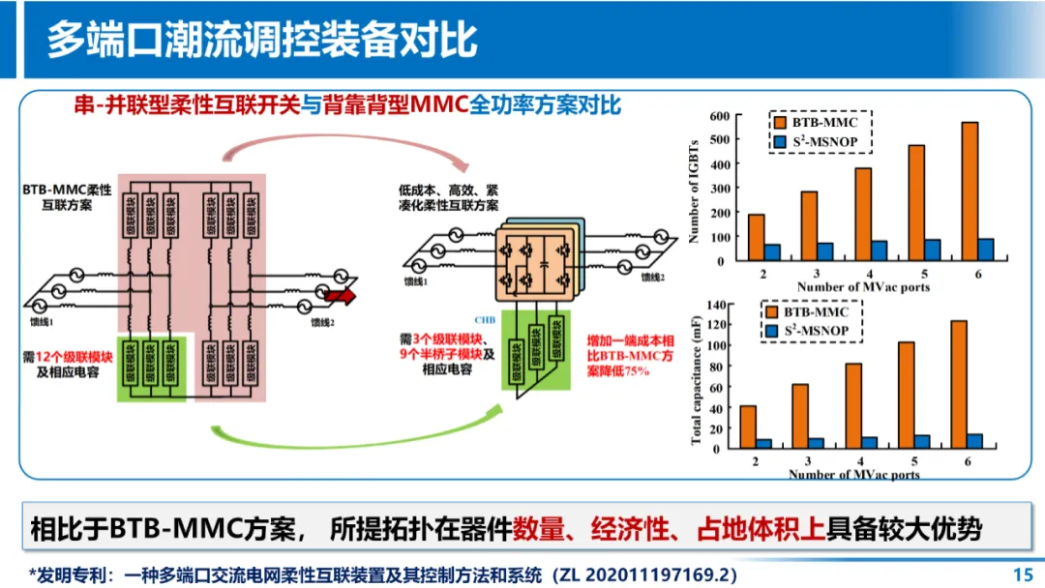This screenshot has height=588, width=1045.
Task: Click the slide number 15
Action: (1022, 573)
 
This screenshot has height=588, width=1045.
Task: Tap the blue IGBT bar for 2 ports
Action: (771, 252)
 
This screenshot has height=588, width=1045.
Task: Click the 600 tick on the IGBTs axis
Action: (717, 116)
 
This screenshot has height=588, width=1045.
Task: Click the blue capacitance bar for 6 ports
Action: (974, 441)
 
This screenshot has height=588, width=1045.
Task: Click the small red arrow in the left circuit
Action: (341, 296)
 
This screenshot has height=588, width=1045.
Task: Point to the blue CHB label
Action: (485, 319)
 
